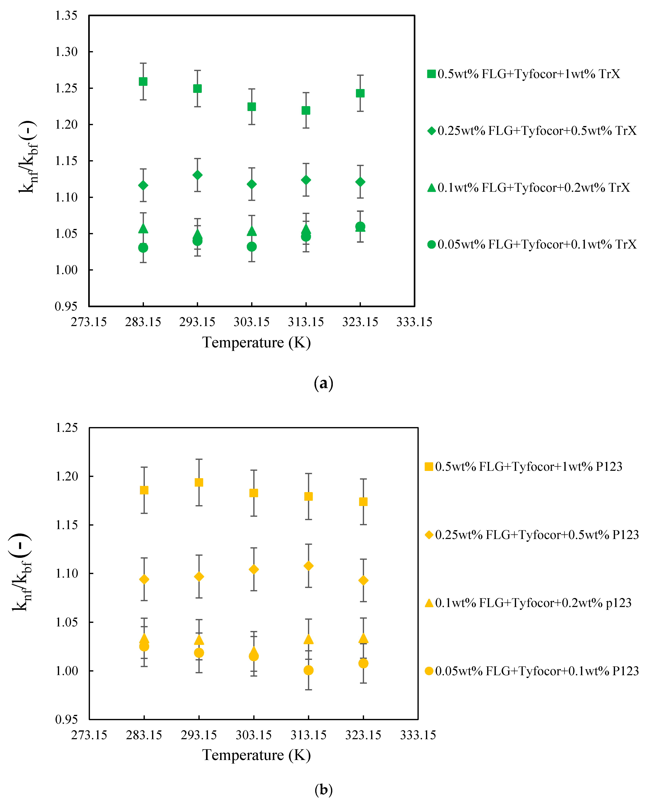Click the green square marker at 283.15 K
point(143,81)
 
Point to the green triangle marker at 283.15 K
point(143,228)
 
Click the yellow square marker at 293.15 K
point(199,482)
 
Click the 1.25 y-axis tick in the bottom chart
point(67,428)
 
